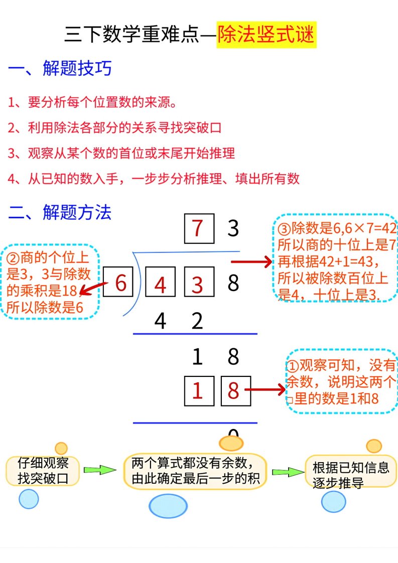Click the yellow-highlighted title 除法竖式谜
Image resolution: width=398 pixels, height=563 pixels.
tap(266, 35)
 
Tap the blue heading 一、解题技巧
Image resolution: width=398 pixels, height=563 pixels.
tap(60, 68)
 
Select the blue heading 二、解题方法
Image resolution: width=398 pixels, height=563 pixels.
tap(60, 212)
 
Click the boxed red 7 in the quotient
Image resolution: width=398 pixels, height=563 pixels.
tap(199, 229)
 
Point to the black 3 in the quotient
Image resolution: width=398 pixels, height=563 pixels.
tap(233, 228)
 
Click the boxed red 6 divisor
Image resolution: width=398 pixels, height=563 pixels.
tap(118, 282)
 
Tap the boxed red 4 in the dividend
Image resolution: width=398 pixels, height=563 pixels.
tap(160, 282)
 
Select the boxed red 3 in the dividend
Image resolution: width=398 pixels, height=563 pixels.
tap(199, 282)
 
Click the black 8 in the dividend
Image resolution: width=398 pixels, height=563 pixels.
tap(233, 283)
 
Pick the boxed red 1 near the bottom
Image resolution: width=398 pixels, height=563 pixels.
tap(199, 391)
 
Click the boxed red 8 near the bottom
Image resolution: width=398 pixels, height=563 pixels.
tap(236, 391)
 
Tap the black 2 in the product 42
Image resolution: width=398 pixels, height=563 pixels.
tap(197, 321)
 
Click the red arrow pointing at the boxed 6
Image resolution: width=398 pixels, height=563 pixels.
tap(93, 289)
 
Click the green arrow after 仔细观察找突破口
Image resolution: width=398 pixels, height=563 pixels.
tap(100, 470)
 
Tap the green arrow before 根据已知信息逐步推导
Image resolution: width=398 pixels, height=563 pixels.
tap(288, 472)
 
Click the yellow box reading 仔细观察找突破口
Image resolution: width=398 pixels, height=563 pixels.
tap(43, 471)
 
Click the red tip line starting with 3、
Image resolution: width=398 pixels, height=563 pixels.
tap(121, 154)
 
